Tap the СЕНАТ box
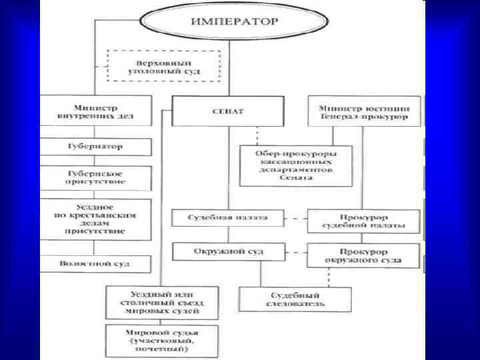(x=227, y=111)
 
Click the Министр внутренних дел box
(x=95, y=111)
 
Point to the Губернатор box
(x=95, y=146)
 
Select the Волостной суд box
(x=95, y=263)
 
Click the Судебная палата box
(x=228, y=218)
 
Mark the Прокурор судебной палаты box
(x=364, y=221)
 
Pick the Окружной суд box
(x=228, y=252)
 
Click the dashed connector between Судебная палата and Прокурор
(x=296, y=218)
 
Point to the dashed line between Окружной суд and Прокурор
(x=296, y=252)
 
